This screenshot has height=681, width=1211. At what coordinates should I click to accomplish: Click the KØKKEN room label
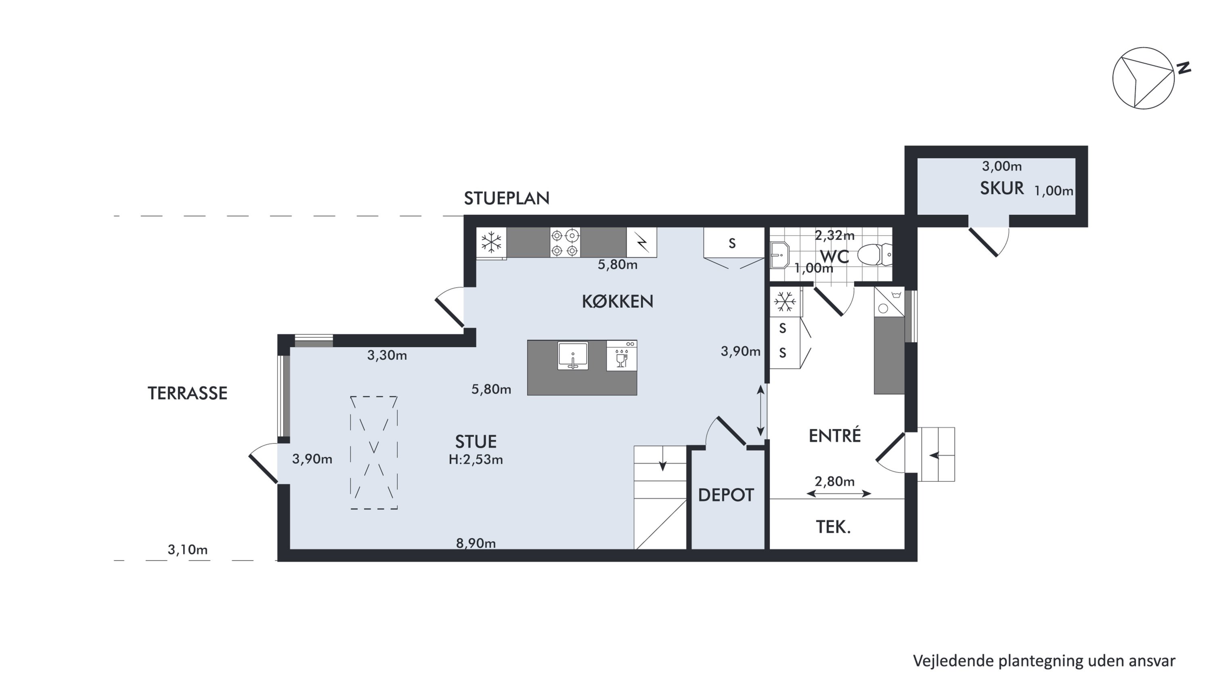click(617, 301)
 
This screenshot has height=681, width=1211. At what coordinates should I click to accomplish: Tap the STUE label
click(476, 442)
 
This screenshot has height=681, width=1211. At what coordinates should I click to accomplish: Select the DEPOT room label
click(726, 495)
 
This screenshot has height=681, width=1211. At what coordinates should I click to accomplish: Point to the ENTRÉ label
click(834, 436)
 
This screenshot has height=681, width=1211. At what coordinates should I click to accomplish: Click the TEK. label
click(833, 527)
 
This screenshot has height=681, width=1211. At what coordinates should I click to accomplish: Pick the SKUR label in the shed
click(1002, 188)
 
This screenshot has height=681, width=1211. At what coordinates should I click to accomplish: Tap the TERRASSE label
click(188, 393)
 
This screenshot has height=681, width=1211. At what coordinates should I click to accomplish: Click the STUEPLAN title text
click(507, 198)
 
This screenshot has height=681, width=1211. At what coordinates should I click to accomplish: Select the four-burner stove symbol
click(565, 243)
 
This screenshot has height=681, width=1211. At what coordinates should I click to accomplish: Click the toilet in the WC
click(874, 254)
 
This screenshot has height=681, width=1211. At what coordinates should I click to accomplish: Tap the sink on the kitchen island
click(572, 355)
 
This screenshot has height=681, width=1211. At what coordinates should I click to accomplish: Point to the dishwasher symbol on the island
click(622, 356)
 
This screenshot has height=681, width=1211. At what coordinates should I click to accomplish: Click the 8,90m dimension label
click(476, 543)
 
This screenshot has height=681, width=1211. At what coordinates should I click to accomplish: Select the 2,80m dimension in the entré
click(834, 481)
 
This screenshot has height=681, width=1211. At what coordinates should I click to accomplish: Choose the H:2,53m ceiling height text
click(476, 460)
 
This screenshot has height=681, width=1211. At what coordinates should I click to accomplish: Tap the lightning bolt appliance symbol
click(642, 243)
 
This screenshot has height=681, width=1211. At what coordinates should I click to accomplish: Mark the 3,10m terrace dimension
click(188, 549)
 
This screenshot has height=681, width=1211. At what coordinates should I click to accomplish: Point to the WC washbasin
click(779, 255)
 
